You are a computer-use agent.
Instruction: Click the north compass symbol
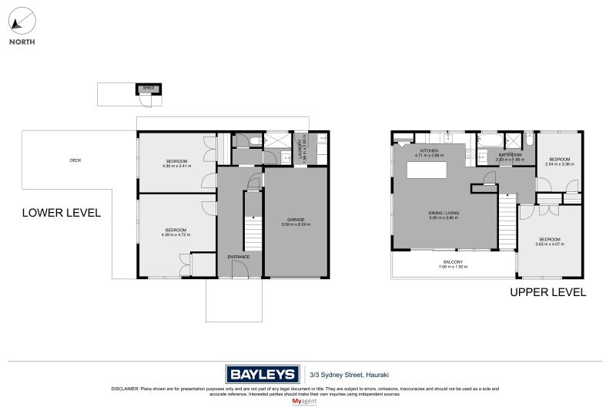[22, 20]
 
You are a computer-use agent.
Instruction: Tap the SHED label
[149, 88]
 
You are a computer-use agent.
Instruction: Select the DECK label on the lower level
[75, 160]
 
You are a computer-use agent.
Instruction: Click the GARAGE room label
[296, 221]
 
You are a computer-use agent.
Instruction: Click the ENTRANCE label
[239, 257]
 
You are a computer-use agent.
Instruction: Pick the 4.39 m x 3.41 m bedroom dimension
[177, 166]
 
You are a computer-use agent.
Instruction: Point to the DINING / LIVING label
[444, 212]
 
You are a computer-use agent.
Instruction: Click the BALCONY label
[453, 261]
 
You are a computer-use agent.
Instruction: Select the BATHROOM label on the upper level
[510, 154]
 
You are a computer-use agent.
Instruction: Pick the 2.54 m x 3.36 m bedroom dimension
[560, 164]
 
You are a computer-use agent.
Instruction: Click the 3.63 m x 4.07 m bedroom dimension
[551, 244]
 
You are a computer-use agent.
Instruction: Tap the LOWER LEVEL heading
[61, 213]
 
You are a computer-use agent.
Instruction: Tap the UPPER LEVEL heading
[548, 292]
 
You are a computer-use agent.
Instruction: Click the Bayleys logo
[262, 374]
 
